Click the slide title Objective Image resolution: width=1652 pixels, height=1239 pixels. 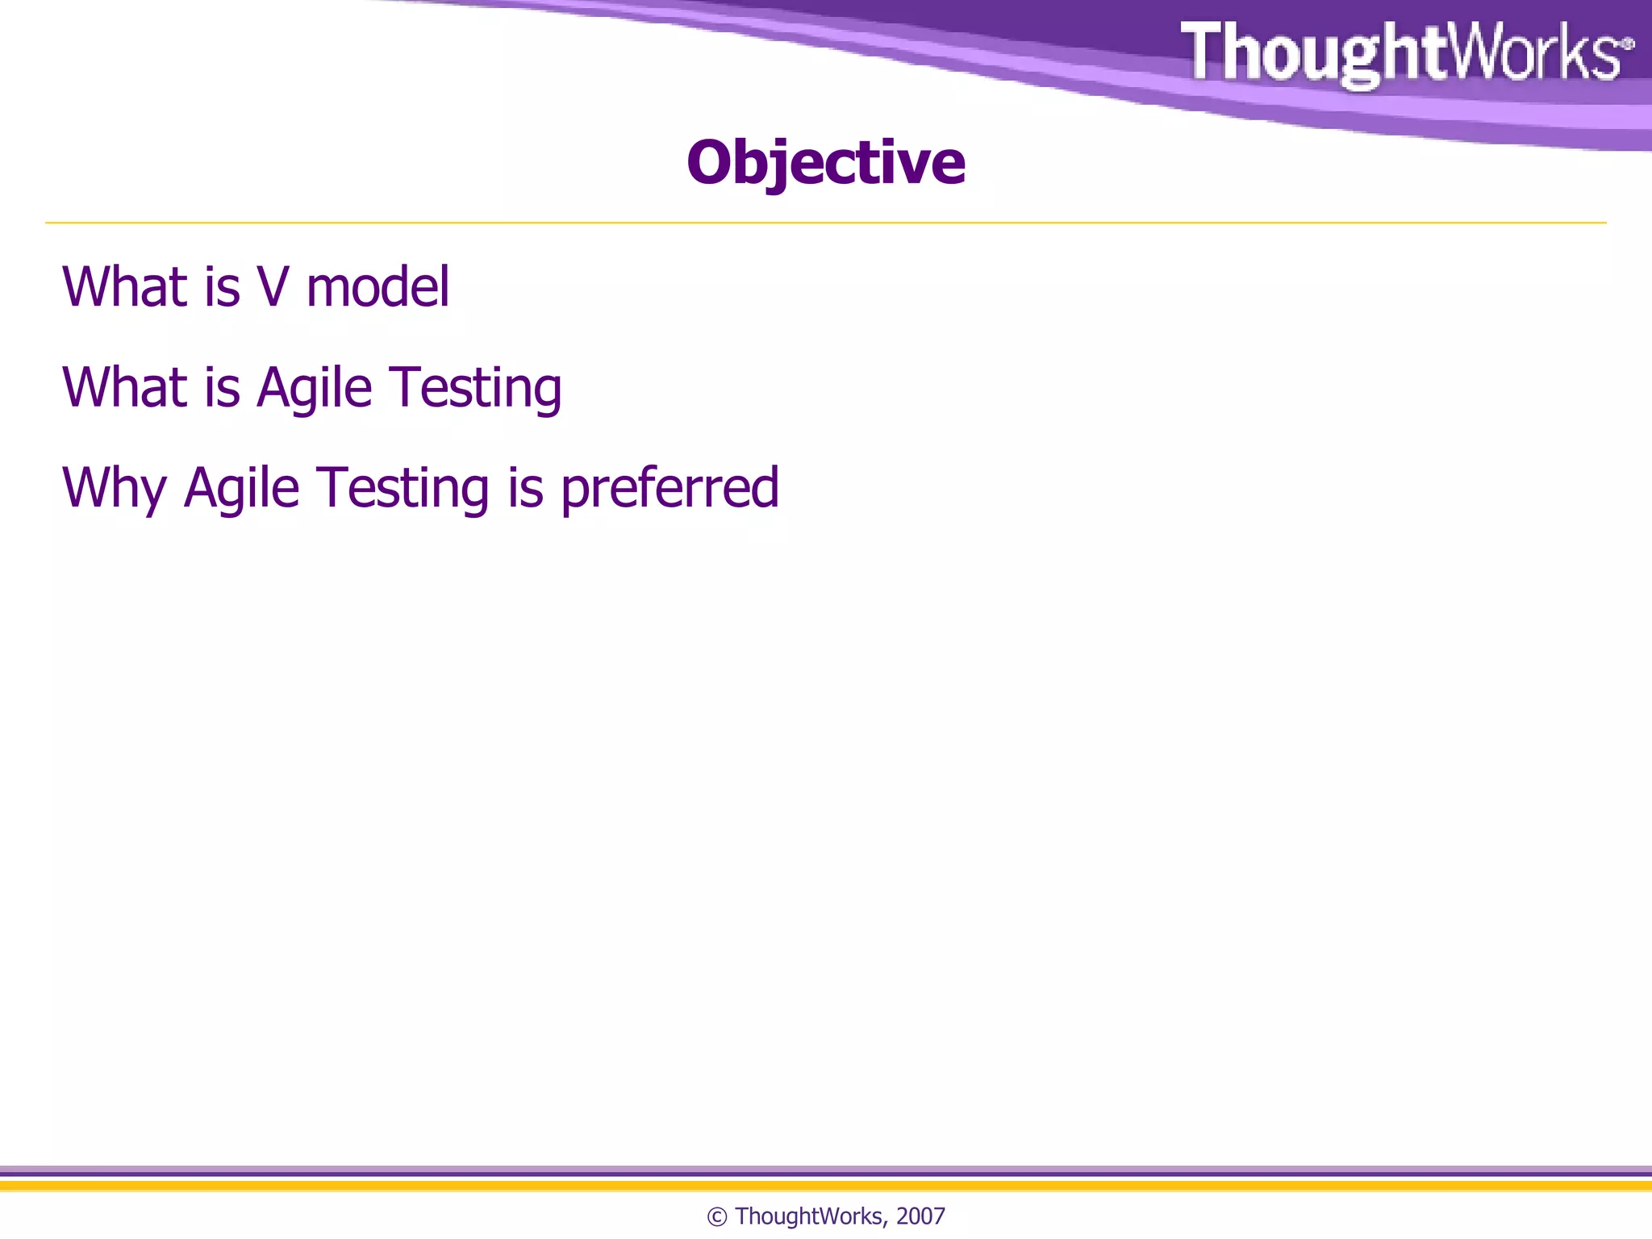click(825, 163)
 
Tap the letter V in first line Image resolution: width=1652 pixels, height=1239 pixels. click(273, 287)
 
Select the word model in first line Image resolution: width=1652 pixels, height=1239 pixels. click(378, 287)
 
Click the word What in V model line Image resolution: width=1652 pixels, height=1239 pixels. click(124, 287)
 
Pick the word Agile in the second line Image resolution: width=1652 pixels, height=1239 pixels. click(314, 388)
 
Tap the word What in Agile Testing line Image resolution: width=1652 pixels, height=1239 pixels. click(124, 388)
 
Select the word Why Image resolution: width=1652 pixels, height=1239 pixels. click(114, 489)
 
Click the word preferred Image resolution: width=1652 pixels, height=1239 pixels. click(670, 489)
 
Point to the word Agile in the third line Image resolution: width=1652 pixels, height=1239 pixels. click(241, 489)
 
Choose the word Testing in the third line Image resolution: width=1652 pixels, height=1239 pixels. click(403, 489)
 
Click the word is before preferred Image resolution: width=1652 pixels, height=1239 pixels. click(525, 489)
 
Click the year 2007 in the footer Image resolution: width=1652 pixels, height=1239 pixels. click(920, 1216)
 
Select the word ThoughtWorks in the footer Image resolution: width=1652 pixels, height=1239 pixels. click(809, 1216)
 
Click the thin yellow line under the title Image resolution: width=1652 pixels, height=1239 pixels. click(825, 223)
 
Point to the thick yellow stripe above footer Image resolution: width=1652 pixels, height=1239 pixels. click(825, 1186)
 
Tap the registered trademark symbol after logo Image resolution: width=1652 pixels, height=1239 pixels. click(1628, 44)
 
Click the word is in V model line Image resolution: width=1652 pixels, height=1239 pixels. click(222, 287)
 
